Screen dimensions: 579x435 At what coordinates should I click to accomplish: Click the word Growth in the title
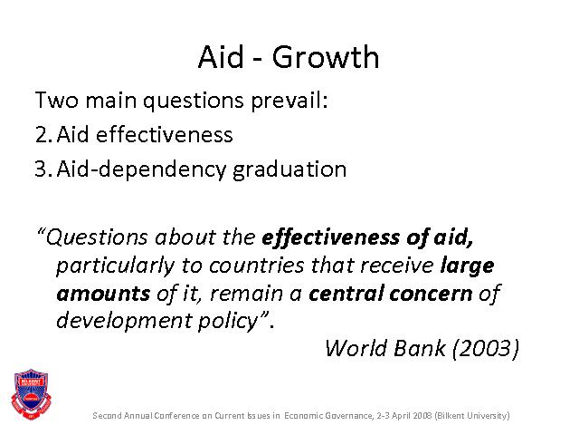(326, 57)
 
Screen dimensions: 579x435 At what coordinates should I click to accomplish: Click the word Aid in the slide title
(221, 56)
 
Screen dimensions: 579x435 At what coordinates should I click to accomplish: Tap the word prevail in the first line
(289, 101)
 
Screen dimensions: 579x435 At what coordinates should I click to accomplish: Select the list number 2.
(43, 134)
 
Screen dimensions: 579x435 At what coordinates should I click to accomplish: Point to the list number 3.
(43, 169)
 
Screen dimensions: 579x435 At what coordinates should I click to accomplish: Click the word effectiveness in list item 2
(165, 134)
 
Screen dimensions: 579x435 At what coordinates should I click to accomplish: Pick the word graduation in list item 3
(289, 170)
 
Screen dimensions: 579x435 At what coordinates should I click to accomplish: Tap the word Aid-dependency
(141, 170)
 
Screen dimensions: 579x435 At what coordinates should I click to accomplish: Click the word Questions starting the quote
(97, 237)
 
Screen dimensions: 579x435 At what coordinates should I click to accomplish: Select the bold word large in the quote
(467, 266)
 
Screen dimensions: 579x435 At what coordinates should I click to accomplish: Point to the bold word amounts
(103, 294)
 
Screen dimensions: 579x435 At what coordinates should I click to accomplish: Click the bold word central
(346, 294)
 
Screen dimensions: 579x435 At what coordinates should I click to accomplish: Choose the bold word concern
(431, 294)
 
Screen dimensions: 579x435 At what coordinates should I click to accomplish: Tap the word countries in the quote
(257, 266)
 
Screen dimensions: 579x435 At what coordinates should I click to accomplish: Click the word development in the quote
(125, 321)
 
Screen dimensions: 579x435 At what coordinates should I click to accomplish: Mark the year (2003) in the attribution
(486, 348)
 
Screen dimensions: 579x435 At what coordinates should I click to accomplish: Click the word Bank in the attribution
(420, 348)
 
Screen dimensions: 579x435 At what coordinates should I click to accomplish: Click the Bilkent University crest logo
(31, 394)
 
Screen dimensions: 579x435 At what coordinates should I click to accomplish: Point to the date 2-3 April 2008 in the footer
(404, 415)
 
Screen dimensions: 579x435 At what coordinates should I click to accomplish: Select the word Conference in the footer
(177, 415)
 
